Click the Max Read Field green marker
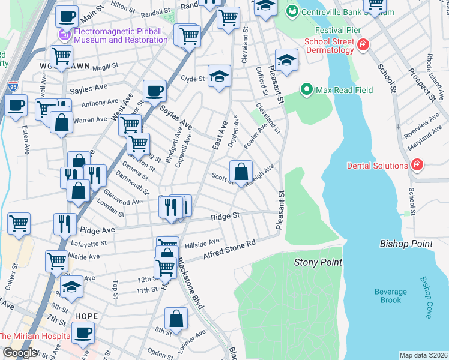(307, 91)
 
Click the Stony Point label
(318, 262)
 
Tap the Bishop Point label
(406, 244)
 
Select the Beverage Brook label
(391, 296)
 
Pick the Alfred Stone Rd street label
(229, 248)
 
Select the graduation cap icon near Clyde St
(219, 76)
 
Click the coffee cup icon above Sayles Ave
(154, 91)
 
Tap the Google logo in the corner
(19, 353)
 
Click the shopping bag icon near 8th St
(176, 319)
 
